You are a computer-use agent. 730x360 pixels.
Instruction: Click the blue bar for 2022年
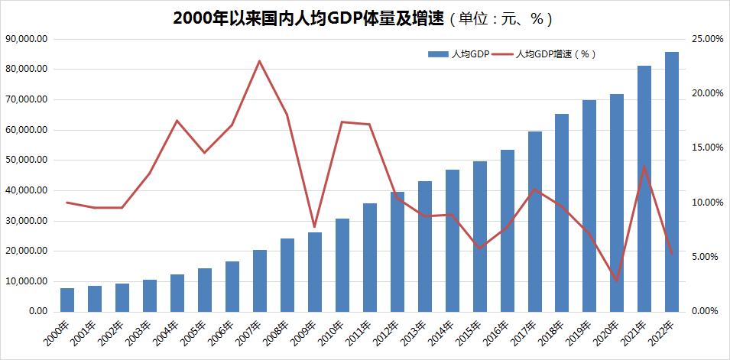pos(672,182)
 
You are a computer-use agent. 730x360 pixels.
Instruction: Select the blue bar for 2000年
pos(67,300)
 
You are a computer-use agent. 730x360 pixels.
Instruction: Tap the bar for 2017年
pos(535,222)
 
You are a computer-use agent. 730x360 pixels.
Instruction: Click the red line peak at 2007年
pos(260,60)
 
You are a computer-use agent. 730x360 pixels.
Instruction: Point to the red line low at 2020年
pos(617,281)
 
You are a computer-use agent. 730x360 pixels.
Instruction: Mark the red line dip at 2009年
pos(315,227)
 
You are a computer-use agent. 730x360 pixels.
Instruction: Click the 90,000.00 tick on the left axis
pos(27,39)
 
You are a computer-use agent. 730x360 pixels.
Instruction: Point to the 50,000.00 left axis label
pos(27,161)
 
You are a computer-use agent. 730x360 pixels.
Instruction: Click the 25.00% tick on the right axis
pos(706,39)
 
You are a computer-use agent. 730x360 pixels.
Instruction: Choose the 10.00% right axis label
pos(706,203)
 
